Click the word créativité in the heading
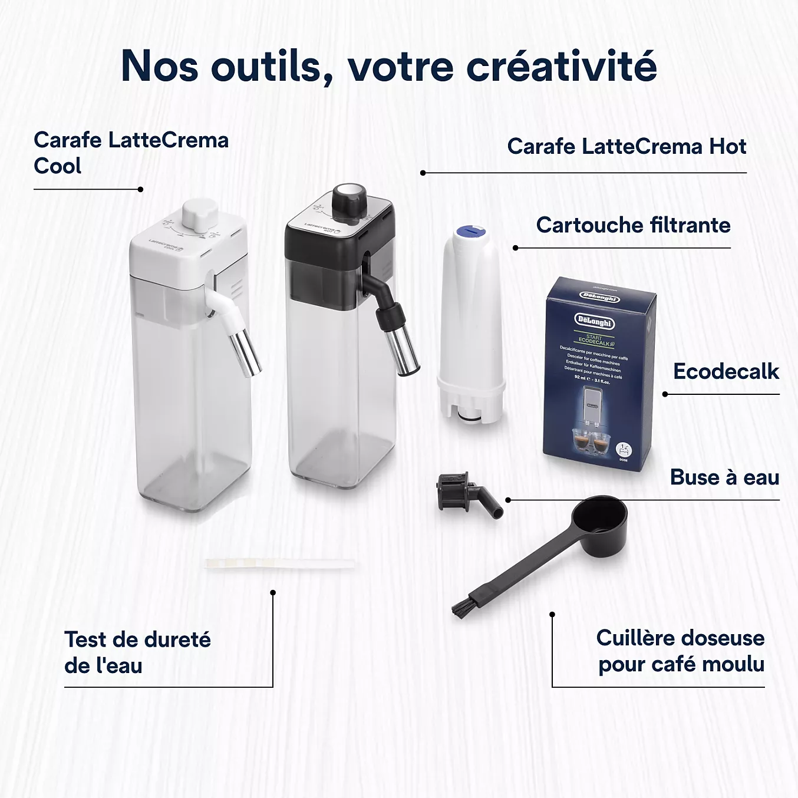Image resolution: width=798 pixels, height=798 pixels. tap(562, 66)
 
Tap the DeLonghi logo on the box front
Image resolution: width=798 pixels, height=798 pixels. tap(594, 322)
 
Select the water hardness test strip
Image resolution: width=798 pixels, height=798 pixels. tap(280, 564)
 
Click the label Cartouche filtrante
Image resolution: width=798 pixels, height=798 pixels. tap(633, 225)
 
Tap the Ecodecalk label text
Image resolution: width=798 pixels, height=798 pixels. tap(726, 372)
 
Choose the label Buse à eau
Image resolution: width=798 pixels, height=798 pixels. tap(724, 477)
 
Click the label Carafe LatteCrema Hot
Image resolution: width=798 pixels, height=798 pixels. tap(626, 146)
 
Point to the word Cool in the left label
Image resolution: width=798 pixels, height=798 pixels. tap(58, 166)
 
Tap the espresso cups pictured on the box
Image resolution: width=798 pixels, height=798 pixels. tap(590, 441)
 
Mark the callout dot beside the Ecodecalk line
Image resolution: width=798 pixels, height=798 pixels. tap(665, 394)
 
